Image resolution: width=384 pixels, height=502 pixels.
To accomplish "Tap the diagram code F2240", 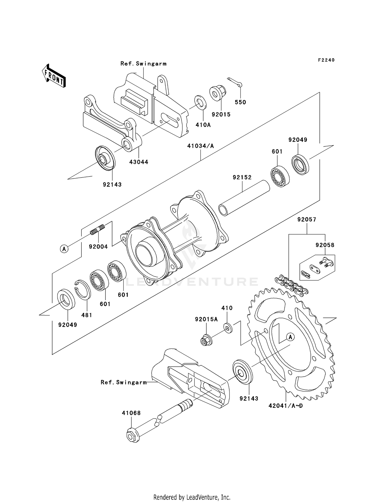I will point(326,60).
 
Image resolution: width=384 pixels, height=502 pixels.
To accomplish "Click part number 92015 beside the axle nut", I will point(221,115).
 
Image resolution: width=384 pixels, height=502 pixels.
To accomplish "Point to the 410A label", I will point(203,125).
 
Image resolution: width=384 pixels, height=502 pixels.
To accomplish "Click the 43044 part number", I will point(138,162).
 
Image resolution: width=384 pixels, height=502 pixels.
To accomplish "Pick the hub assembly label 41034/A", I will point(200,146).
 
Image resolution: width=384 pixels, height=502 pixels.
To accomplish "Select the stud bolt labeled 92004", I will point(98,229).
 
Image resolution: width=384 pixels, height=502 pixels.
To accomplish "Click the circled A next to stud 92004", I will point(64,248).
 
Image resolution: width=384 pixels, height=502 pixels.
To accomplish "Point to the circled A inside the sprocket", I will point(290,337).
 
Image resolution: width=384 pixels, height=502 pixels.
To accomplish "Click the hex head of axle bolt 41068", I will point(133,435).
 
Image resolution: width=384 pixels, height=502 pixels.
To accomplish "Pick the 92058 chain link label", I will point(325,245).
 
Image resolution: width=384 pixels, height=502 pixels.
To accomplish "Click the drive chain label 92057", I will point(307,220).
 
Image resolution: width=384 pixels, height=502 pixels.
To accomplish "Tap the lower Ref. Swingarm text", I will point(124,382).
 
